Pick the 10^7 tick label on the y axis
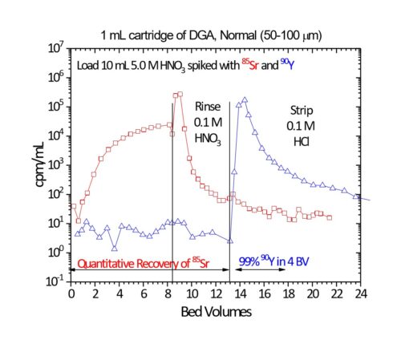coord(54,48)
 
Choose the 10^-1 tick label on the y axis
coord(54,281)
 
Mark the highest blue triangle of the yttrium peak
coord(245,100)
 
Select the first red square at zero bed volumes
coord(72,206)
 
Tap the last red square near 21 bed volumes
coord(329,217)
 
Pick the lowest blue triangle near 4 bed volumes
coord(115,247)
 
